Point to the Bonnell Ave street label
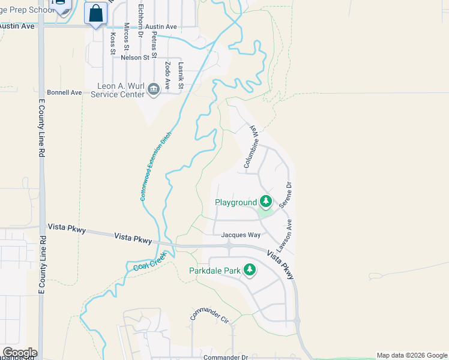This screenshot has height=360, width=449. point(64,93)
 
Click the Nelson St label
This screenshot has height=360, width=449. point(134,58)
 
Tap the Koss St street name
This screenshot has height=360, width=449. point(113,43)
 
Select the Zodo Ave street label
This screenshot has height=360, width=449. point(167,76)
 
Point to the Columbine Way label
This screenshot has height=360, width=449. point(251,146)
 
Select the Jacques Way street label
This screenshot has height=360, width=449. point(241,235)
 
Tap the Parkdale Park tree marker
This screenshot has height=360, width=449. point(250,271)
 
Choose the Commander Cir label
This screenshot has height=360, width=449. point(210,317)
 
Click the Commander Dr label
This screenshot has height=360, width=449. point(225,358)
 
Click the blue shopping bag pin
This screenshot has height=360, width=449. point(96,13)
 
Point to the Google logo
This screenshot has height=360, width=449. point(20,353)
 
